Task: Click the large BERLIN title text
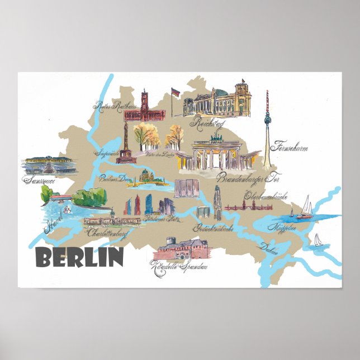79,257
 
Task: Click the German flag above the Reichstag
174,91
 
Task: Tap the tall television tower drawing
267,129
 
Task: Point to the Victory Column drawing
126,145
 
